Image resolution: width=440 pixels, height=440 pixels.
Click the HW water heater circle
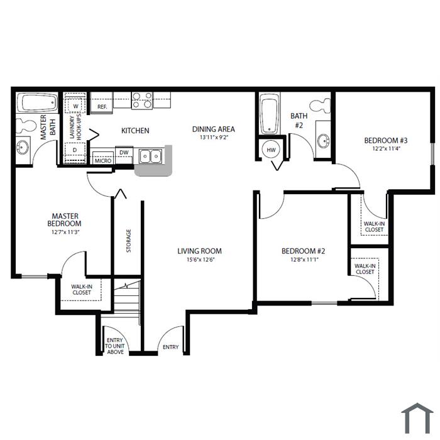(271, 150)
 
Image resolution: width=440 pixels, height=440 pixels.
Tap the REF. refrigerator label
(102, 107)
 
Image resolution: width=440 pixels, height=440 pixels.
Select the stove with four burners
(142, 100)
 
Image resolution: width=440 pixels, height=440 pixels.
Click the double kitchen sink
(151, 156)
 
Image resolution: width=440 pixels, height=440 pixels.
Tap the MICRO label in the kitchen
(103, 161)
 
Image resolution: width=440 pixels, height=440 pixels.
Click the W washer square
(75, 106)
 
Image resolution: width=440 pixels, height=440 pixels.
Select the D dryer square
(75, 150)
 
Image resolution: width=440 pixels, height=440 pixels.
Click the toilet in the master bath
(25, 126)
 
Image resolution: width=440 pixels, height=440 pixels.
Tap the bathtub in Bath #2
(270, 114)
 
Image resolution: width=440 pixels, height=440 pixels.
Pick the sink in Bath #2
(324, 140)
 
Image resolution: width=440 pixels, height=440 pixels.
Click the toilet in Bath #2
(320, 106)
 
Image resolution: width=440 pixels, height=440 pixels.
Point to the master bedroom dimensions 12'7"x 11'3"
(65, 233)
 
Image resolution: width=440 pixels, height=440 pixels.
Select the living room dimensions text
(201, 260)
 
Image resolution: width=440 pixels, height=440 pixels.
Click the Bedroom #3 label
(385, 140)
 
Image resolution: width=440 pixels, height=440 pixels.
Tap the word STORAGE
(128, 241)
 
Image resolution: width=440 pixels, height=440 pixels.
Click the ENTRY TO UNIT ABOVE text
(115, 346)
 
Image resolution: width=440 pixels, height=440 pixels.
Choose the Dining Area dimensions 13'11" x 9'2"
(214, 138)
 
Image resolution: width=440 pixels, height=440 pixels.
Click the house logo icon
(417, 418)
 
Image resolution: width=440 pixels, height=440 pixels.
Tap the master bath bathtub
(37, 102)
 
